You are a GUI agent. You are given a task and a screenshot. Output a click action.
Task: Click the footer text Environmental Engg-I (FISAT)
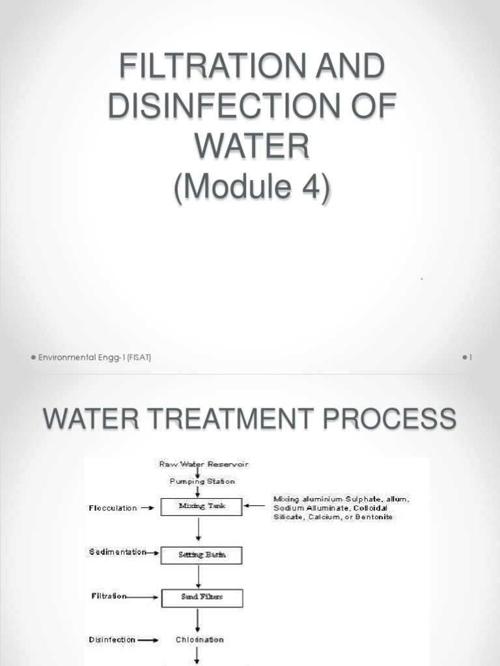point(94,358)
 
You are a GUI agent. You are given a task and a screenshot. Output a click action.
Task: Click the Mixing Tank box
point(202,507)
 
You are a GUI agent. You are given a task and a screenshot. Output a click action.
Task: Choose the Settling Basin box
point(202,555)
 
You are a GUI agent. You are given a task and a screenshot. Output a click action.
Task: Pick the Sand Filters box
point(202,597)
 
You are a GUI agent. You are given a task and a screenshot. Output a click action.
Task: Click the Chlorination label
point(199,640)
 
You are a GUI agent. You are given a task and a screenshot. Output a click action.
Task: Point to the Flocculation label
point(113,508)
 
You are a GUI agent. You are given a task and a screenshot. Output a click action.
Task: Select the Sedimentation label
point(117,552)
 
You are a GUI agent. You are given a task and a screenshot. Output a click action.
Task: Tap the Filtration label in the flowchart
point(107,596)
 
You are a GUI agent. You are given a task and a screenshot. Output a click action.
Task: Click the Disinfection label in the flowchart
point(112,640)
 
